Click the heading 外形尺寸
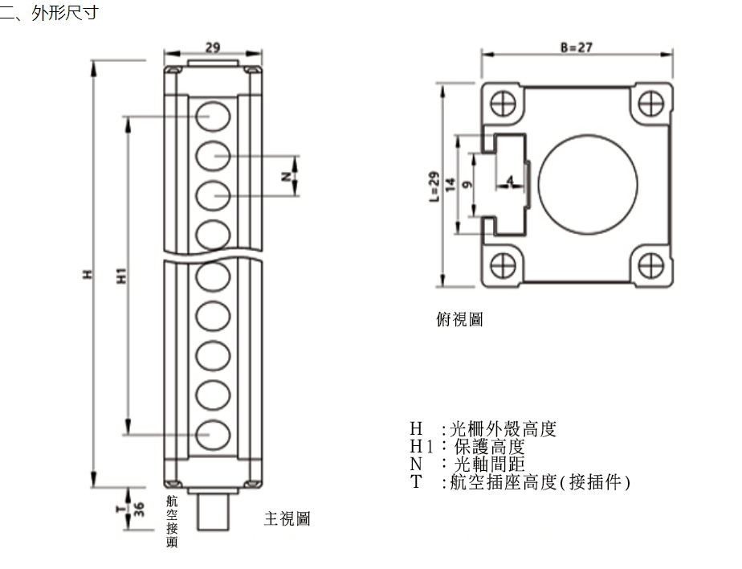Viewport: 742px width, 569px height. coord(64,14)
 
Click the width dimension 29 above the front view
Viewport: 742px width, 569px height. coord(212,47)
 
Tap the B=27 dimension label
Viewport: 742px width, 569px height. coord(576,47)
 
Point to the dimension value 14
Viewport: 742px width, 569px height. coord(450,184)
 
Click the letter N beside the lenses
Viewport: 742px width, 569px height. coord(287,176)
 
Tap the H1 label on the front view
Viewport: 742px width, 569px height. coord(122,276)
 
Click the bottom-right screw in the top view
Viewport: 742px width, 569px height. coord(650,264)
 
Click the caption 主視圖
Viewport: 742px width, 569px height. coord(287,519)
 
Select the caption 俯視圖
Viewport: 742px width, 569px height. coord(459,320)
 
